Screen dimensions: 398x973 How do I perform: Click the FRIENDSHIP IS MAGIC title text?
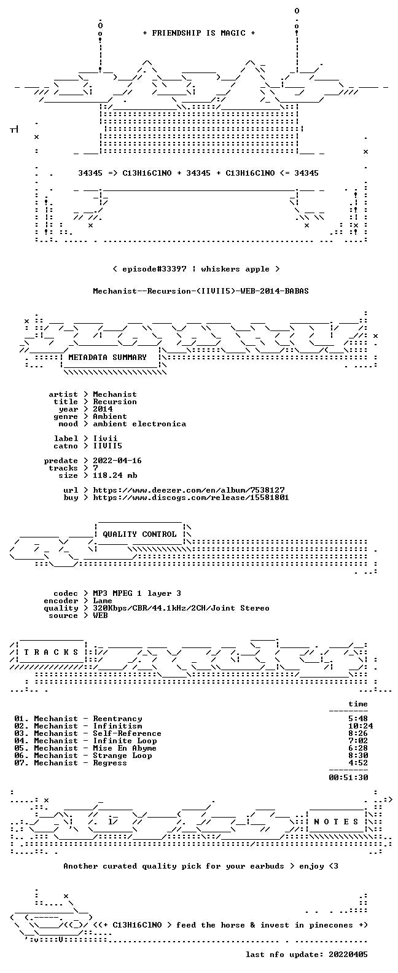tap(199, 33)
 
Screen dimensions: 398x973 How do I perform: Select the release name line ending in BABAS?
tap(201, 291)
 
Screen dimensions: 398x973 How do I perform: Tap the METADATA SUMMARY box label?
tap(107, 358)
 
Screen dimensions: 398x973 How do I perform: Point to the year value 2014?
tap(103, 409)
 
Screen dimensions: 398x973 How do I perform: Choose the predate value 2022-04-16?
tap(117, 461)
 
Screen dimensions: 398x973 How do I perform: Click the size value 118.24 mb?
tap(115, 475)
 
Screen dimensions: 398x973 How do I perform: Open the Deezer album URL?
tap(189, 490)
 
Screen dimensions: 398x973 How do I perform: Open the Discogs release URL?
tap(191, 498)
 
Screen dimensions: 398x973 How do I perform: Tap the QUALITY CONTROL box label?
tap(139, 534)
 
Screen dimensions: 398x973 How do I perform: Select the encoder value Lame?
tap(103, 601)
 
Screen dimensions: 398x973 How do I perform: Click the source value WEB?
tap(100, 615)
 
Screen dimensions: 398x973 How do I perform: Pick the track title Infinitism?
tap(117, 726)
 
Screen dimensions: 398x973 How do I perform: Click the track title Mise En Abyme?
tap(125, 748)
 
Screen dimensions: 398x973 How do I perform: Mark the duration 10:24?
tap(360, 726)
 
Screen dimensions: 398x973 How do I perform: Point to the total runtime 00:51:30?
tap(348, 778)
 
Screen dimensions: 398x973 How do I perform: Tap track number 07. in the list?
tap(21, 763)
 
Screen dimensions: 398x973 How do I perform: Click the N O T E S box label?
tap(336, 822)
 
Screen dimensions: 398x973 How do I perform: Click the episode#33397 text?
tap(154, 269)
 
